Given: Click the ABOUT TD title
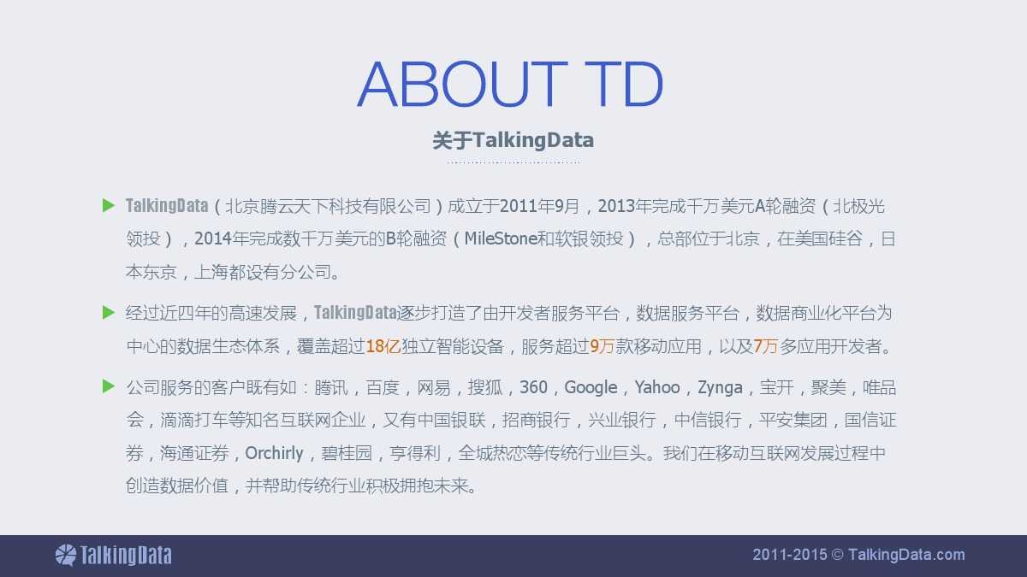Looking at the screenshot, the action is point(510,84).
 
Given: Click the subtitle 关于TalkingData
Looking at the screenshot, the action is point(513,140).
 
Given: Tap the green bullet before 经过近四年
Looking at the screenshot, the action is point(108,312).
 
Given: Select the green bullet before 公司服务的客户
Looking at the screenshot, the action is point(108,386).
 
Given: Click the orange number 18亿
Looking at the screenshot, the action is point(383,346).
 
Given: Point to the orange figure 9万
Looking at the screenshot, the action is point(602,346).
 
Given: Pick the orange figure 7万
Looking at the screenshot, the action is point(766,346).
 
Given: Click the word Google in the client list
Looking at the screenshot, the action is point(591,387).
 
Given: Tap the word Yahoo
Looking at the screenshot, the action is point(657,387).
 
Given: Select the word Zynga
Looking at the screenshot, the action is point(720,388).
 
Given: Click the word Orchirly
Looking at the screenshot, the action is point(274,453).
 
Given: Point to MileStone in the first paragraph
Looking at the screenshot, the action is point(501,238).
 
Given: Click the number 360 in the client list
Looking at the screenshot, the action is point(533,387).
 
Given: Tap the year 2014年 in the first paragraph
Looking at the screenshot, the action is point(221,238).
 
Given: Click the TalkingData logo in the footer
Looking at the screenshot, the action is point(113,556).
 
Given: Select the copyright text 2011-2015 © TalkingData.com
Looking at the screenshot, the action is point(858,555).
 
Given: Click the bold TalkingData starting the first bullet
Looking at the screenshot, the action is point(167,206).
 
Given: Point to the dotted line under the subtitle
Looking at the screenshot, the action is point(513,162).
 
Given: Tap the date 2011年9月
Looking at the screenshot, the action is point(540,206).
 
